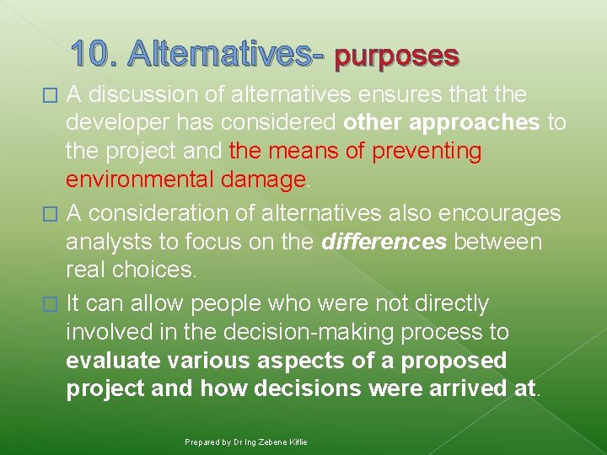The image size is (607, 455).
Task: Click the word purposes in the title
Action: click(397, 56)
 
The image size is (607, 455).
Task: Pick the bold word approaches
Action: click(474, 122)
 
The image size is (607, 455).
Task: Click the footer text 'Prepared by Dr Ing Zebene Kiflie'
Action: click(246, 442)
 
